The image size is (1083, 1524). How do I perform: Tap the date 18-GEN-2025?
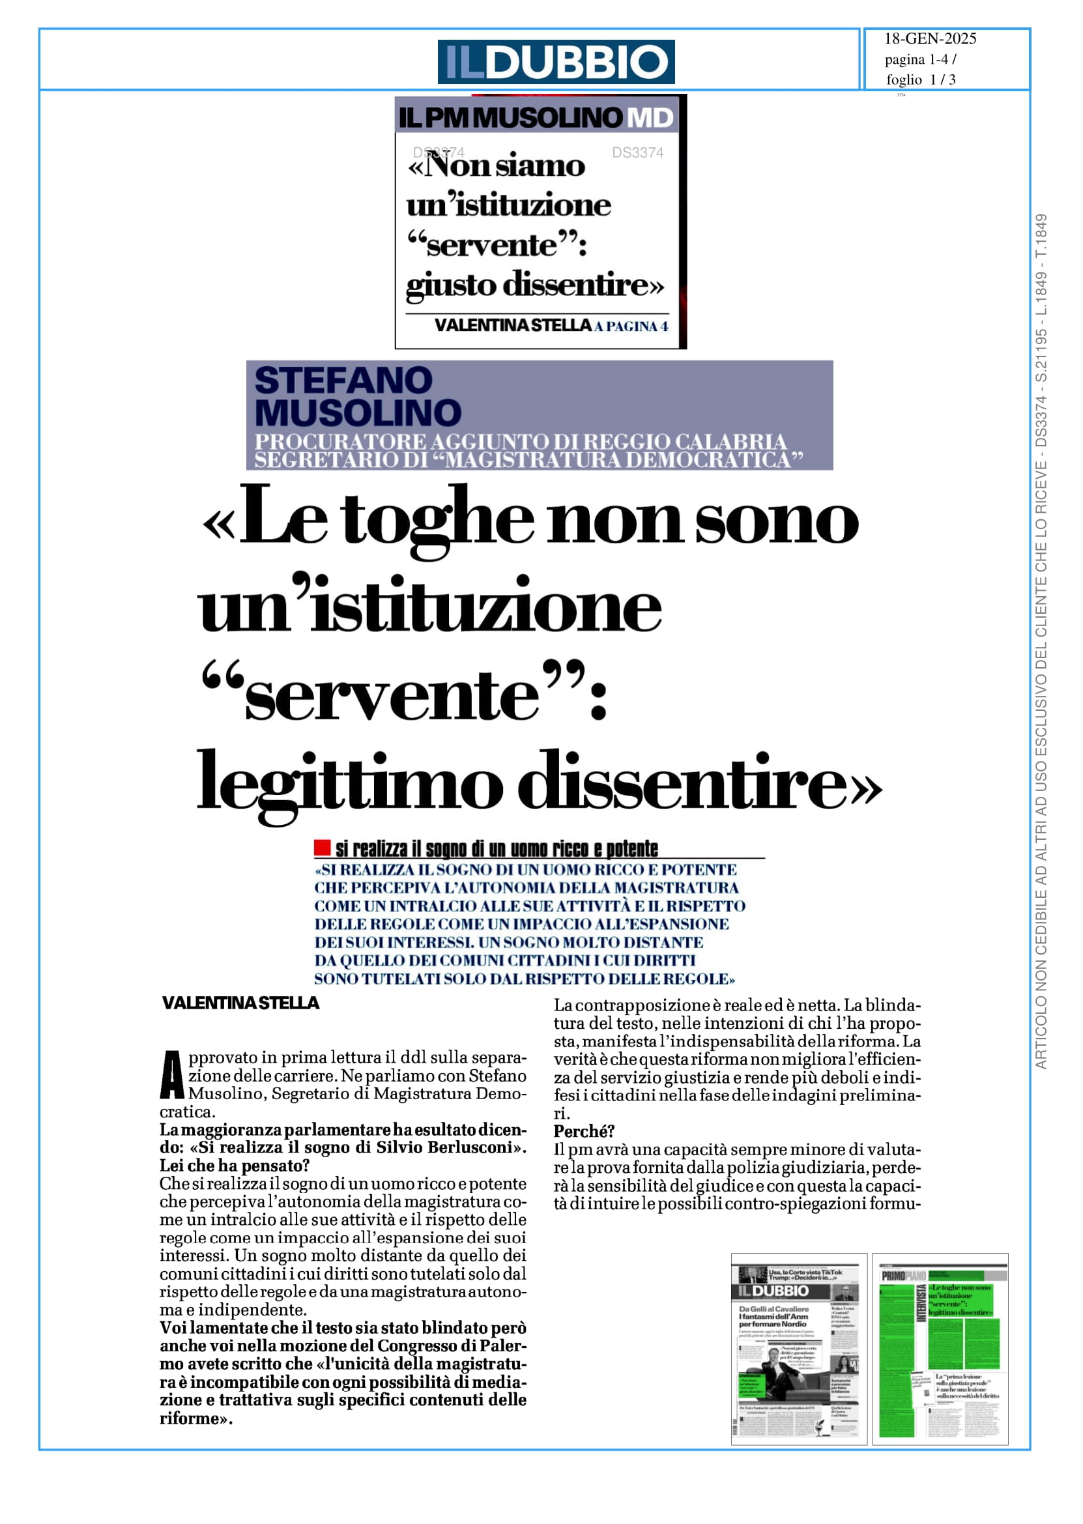coord(930,38)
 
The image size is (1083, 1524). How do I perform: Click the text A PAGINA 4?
coord(631,326)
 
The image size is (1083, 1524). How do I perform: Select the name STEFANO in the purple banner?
coord(343,381)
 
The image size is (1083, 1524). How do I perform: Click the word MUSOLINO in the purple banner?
coord(358,412)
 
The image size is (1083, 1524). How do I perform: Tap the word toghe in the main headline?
coord(438,521)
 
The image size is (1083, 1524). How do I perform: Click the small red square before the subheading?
coord(323,848)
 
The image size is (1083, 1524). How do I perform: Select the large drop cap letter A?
coord(172,1075)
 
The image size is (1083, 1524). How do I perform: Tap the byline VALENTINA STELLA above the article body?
coord(240,1003)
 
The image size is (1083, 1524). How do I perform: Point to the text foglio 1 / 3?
coord(920,80)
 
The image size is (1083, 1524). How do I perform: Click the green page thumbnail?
coord(940,1349)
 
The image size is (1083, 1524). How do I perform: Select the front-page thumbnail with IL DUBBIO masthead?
coord(798,1349)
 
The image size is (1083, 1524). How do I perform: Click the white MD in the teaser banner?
coord(651,118)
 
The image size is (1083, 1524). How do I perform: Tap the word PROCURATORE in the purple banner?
coord(340,441)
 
